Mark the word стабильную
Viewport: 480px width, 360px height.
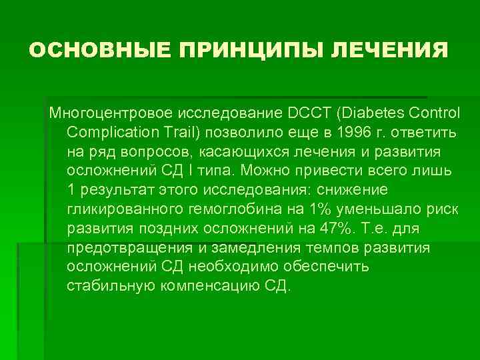point(109,286)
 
